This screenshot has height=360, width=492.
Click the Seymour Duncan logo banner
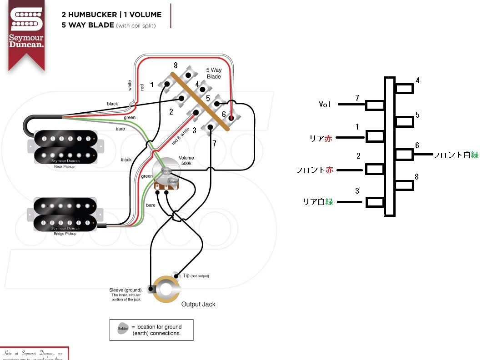click(26, 32)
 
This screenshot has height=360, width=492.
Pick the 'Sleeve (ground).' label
click(126, 290)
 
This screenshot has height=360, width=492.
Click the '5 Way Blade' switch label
click(214, 73)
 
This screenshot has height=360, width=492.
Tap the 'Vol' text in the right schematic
click(325, 105)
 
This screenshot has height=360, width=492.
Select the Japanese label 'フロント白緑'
click(456, 155)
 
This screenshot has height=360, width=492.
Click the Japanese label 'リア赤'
click(321, 139)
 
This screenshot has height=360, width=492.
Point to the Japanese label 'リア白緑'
click(318, 201)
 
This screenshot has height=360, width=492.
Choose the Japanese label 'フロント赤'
click(314, 170)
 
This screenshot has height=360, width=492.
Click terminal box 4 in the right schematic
click(404, 88)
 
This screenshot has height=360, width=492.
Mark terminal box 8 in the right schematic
click(404, 185)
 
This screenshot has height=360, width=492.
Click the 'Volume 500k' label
click(186, 160)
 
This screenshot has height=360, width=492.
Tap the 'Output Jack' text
click(198, 304)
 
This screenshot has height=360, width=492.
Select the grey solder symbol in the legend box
click(123, 329)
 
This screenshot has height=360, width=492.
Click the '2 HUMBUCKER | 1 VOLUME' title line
click(111, 15)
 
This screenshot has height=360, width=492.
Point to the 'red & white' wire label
click(181, 136)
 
